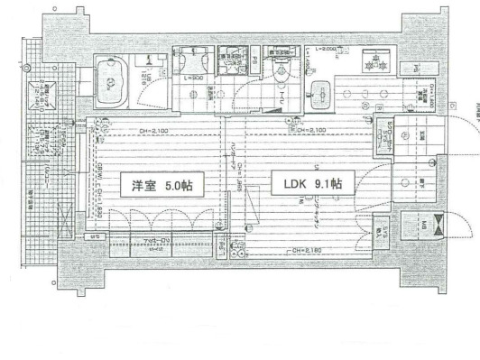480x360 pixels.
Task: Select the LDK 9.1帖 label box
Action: (x=306, y=187)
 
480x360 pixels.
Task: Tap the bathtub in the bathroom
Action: (x=111, y=85)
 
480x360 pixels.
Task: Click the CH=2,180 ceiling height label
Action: (x=307, y=250)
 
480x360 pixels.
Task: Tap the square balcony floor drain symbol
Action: (x=43, y=88)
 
